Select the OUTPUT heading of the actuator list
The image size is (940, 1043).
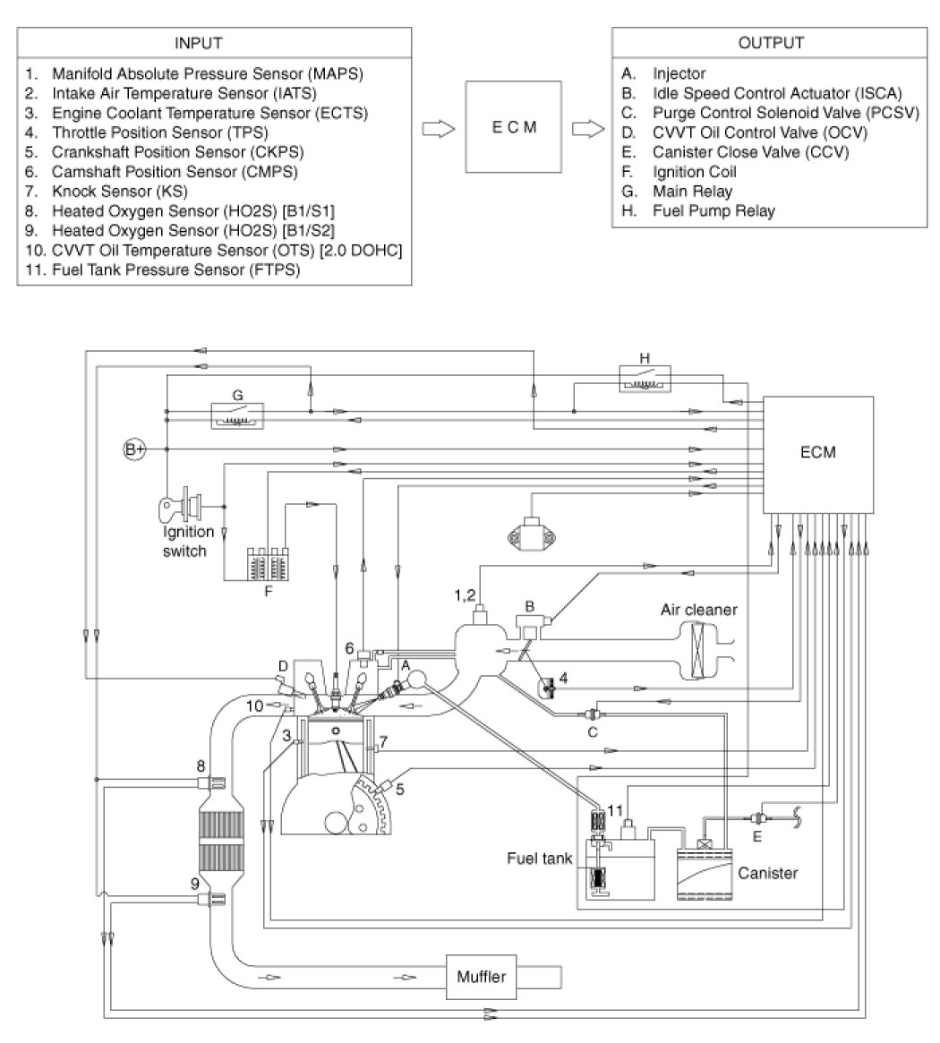(771, 43)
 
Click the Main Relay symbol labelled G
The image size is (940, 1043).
(236, 414)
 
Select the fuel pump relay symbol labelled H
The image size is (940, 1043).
(646, 377)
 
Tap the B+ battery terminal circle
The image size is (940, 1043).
(134, 449)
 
